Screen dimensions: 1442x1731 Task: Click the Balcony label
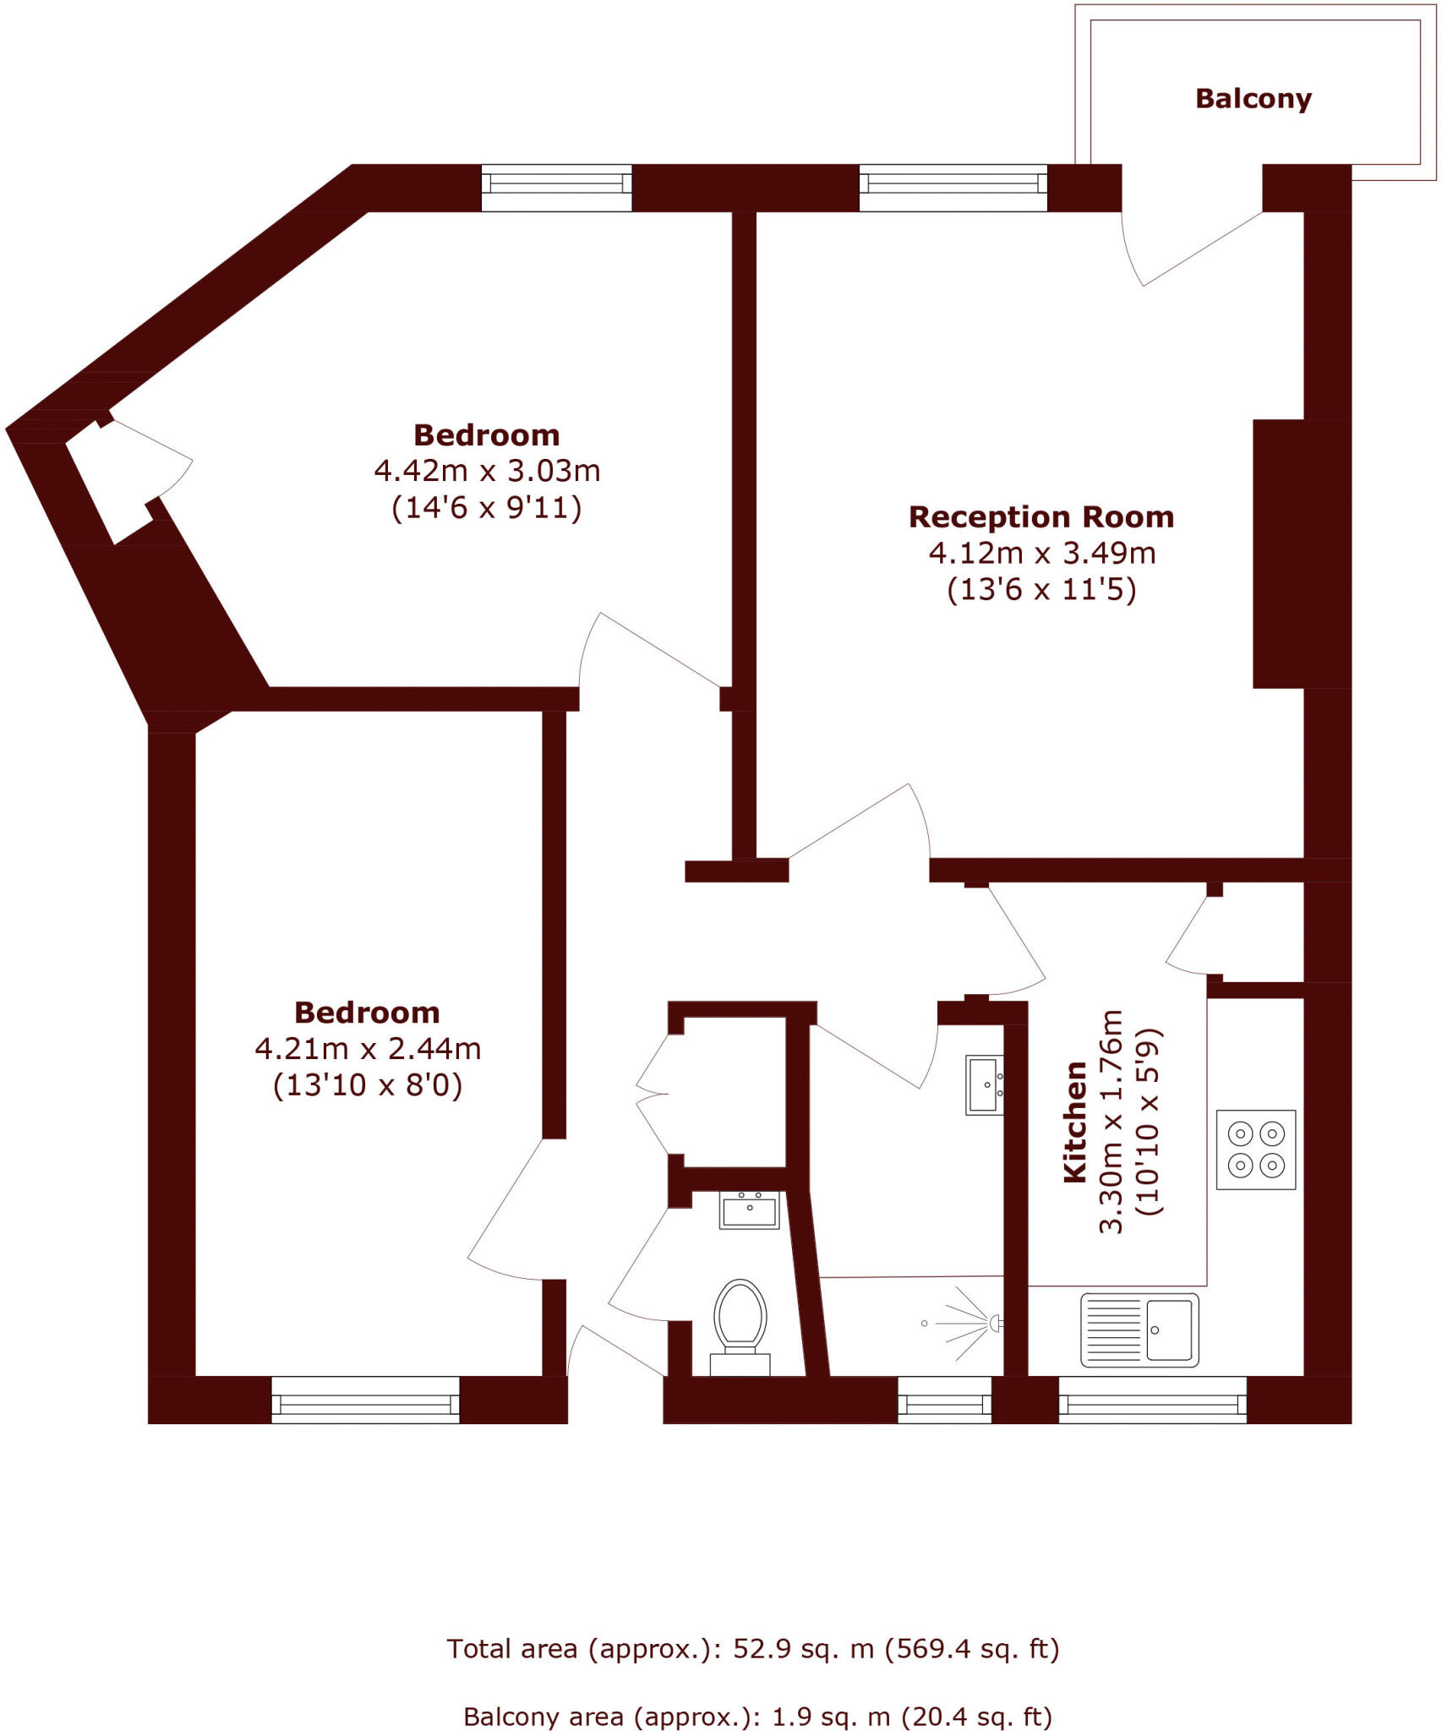1253,99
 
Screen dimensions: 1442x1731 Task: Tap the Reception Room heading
1041,516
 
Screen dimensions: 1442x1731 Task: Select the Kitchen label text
1074,1122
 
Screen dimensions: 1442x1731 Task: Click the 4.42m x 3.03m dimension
487,471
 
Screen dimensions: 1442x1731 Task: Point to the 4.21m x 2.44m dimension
368,1049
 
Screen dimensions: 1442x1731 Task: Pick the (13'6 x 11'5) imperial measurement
1041,589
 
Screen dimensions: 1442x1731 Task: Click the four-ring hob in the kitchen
1255,1149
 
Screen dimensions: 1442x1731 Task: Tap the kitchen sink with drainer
1139,1330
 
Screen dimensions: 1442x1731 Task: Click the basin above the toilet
749,1210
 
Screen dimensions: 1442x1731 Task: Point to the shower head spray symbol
972,1324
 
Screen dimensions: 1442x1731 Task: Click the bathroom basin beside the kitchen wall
984,1085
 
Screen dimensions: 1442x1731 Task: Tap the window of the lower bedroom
365,1404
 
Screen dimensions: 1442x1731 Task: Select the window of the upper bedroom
556,188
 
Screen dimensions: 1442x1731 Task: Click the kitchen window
1152,1404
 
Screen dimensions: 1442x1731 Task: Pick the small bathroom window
944,1404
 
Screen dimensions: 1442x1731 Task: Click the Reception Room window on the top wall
953,188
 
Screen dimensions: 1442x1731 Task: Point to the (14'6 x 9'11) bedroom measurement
487,508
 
